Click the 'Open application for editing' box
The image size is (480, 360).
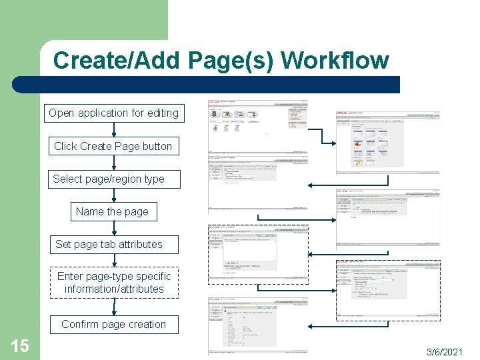tap(113, 113)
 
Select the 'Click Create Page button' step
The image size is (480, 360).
tap(113, 146)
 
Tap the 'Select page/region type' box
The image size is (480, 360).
tap(109, 179)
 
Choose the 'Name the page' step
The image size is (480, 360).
tap(112, 211)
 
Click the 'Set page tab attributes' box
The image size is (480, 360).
tap(109, 244)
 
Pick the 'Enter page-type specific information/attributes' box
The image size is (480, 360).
tap(114, 283)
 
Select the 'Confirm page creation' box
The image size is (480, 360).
tap(113, 324)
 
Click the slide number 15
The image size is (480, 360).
tap(19, 345)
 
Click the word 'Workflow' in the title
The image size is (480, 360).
tap(335, 61)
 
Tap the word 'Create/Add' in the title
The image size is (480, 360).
tap(117, 61)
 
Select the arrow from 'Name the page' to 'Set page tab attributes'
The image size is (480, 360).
tap(113, 228)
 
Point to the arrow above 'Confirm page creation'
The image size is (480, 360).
tap(113, 307)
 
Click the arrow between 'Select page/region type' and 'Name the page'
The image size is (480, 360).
tap(113, 195)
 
